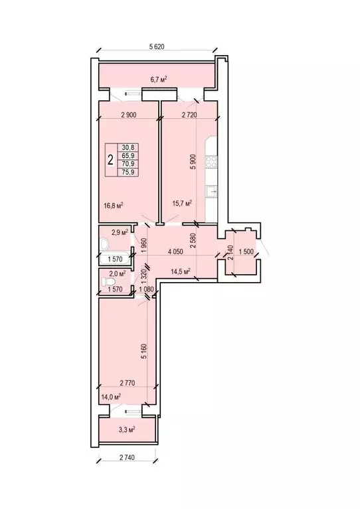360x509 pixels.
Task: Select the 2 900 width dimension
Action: tap(129, 115)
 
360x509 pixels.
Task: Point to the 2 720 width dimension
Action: tap(193, 115)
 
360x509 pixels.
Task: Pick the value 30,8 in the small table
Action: tap(127, 148)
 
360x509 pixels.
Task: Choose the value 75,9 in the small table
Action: tap(127, 172)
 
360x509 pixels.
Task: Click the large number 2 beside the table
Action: tap(110, 160)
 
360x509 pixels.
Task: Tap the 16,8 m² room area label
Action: tap(114, 205)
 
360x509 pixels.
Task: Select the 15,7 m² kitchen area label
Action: tap(181, 203)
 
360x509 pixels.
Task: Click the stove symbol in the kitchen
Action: tap(213, 161)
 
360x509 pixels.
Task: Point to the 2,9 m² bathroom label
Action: tap(119, 232)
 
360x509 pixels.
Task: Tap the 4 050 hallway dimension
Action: tap(175, 251)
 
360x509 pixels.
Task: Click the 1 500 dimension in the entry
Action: tap(246, 251)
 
